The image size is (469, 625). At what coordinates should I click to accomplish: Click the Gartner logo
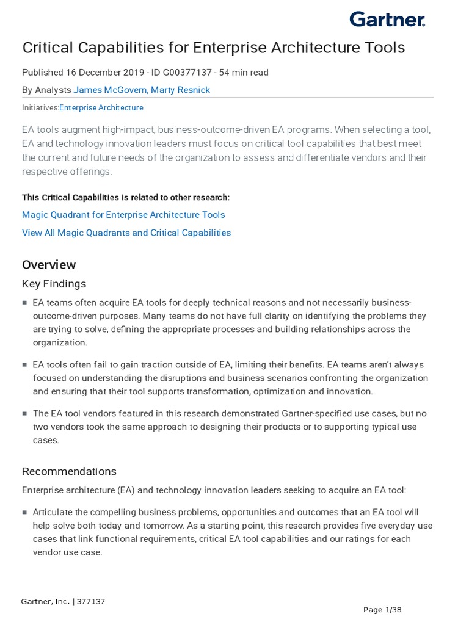(x=387, y=20)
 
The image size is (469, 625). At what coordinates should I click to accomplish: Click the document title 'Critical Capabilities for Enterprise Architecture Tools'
(x=213, y=48)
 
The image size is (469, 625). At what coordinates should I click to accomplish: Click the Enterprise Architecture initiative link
(x=101, y=107)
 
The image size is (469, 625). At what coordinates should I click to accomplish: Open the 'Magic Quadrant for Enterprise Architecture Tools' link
(x=123, y=215)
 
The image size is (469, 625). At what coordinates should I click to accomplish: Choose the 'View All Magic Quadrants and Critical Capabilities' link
(x=126, y=233)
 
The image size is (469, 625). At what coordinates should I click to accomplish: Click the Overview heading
(x=49, y=265)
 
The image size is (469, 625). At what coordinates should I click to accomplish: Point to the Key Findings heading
(x=54, y=284)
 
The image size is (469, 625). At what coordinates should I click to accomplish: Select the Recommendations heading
(x=69, y=471)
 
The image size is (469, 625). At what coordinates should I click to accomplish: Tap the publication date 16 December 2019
(x=101, y=73)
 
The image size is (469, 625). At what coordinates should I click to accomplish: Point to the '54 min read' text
(x=244, y=73)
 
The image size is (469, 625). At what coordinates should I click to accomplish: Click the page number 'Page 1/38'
(x=382, y=610)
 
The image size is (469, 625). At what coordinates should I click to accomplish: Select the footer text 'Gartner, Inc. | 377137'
(x=63, y=602)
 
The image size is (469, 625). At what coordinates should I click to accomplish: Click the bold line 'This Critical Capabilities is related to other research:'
(x=126, y=197)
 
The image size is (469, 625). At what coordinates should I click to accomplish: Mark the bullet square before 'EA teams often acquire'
(x=24, y=303)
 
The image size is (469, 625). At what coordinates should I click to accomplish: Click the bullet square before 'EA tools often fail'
(x=24, y=365)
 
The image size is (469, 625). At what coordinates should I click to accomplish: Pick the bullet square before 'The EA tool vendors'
(x=24, y=414)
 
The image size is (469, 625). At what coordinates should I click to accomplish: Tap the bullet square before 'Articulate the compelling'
(x=24, y=513)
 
